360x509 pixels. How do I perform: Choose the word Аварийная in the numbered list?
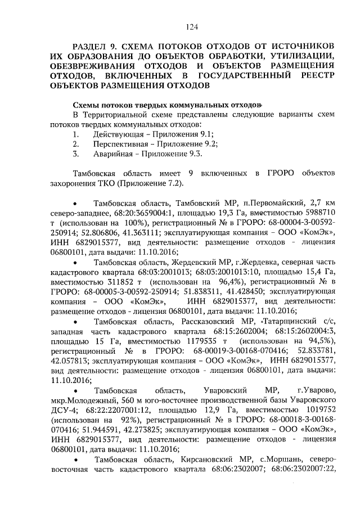tap(112, 153)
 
